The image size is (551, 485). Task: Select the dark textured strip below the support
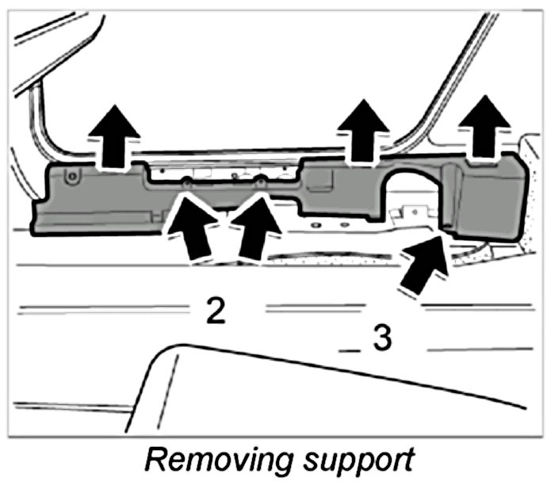(x=333, y=257)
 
